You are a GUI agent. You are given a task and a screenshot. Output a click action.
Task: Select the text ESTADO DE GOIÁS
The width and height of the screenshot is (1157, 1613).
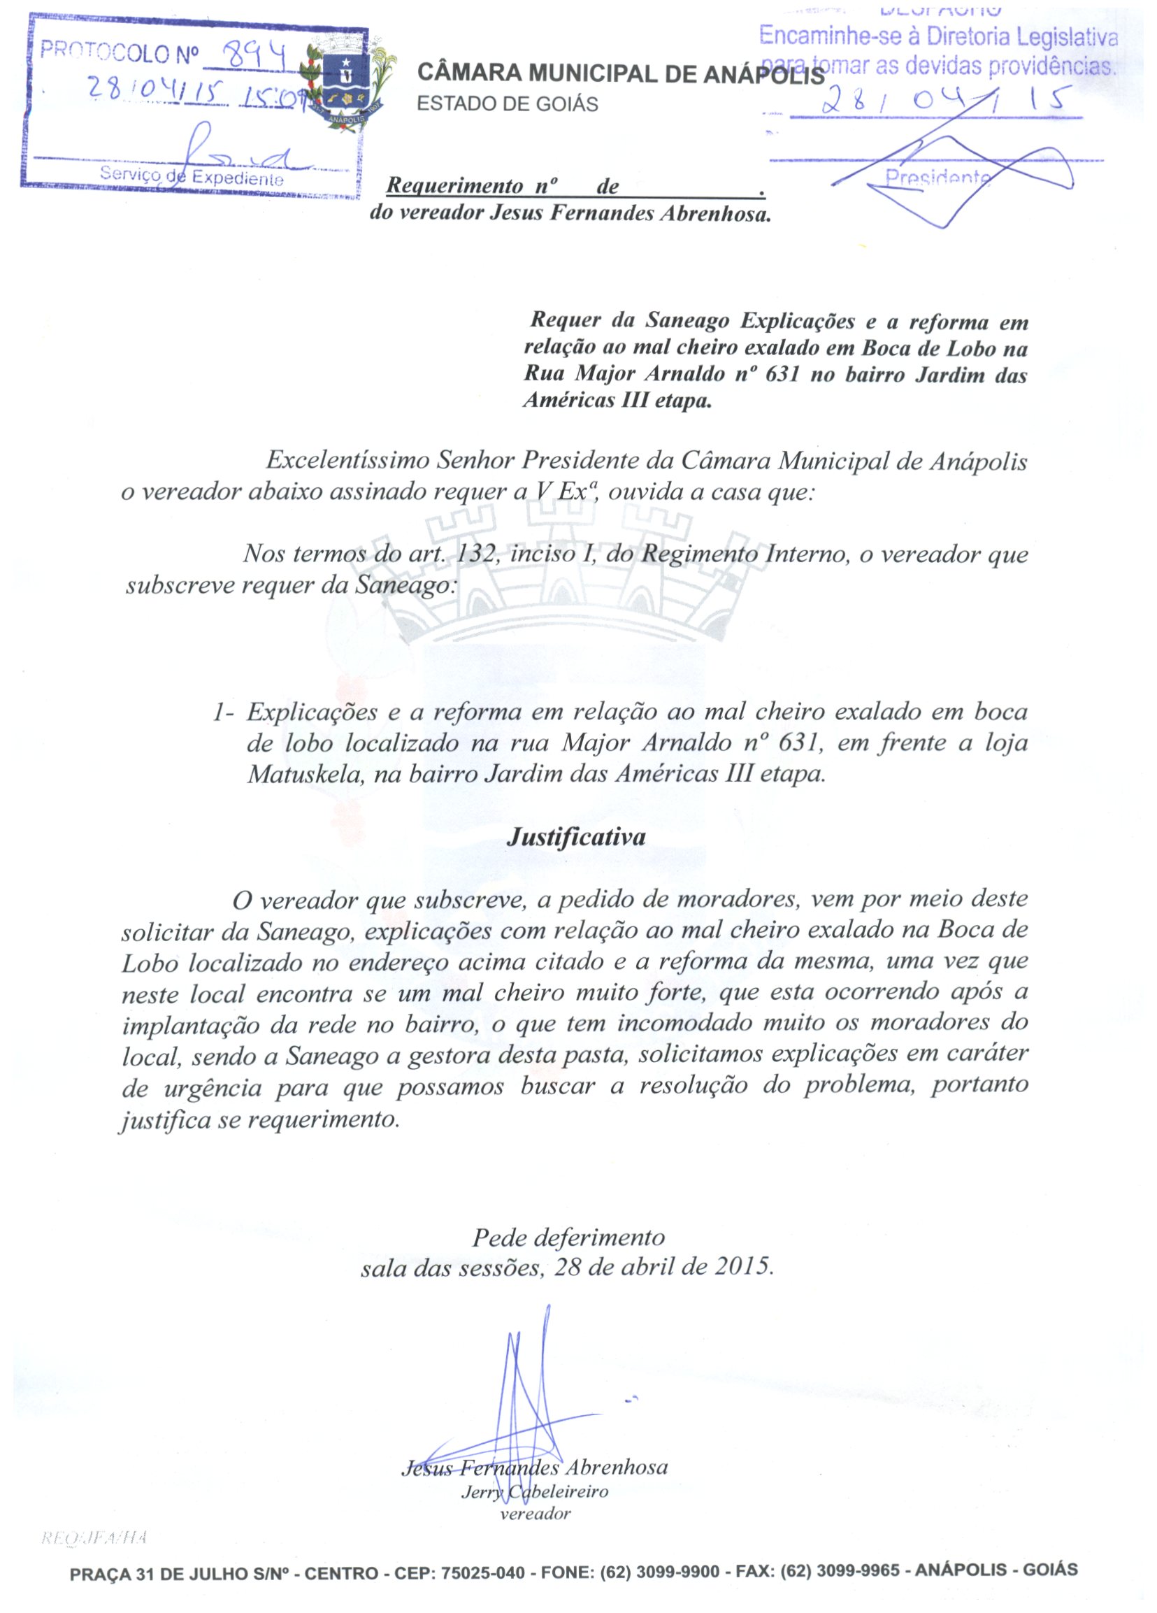(x=507, y=105)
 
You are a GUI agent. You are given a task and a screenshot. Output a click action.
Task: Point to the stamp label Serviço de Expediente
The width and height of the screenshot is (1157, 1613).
(x=192, y=175)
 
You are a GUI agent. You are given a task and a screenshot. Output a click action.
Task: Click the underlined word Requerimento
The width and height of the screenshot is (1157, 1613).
(x=454, y=187)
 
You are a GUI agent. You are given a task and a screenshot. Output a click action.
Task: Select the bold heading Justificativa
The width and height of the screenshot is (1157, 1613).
(x=576, y=836)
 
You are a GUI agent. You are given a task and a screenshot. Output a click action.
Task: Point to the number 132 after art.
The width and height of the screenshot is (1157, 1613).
(x=475, y=553)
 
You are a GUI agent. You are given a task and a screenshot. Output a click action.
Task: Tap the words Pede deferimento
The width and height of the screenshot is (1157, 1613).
(x=569, y=1238)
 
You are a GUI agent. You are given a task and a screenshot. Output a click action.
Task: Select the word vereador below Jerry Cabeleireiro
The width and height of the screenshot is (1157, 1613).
(x=536, y=1514)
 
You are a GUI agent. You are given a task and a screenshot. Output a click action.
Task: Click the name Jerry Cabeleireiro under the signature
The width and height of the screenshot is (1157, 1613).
(x=535, y=1491)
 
